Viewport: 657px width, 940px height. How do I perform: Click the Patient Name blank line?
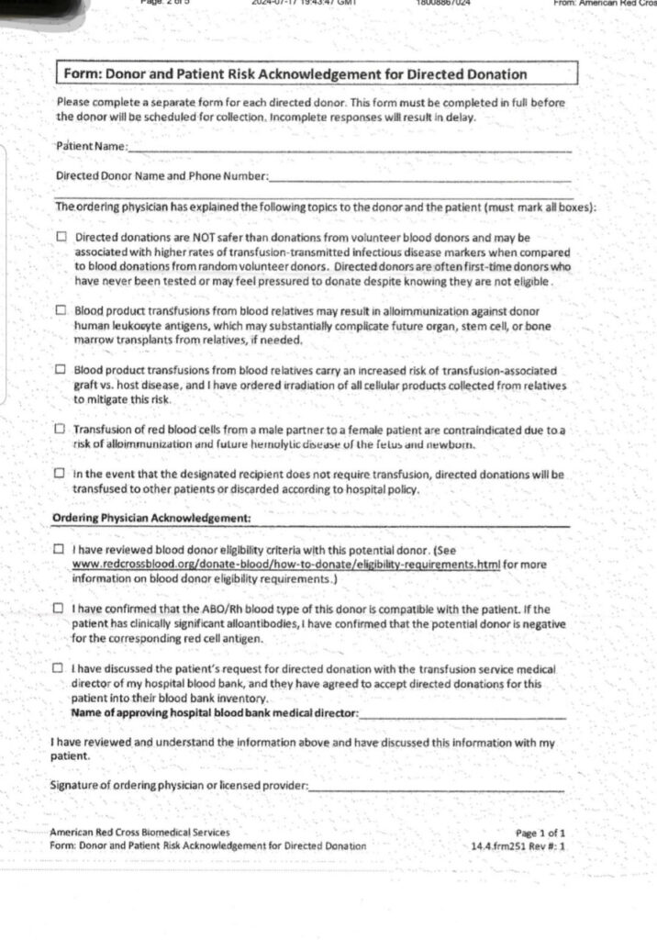[350, 149]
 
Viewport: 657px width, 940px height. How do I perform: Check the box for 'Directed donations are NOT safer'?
[61, 237]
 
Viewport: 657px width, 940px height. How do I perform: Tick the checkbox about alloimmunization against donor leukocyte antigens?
[61, 311]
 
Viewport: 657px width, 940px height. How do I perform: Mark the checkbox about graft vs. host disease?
[61, 370]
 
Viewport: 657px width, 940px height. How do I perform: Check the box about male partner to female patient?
[61, 429]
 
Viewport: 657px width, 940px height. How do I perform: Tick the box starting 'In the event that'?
[61, 475]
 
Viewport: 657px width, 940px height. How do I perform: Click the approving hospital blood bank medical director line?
[462, 713]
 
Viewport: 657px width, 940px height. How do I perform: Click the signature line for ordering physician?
[436, 787]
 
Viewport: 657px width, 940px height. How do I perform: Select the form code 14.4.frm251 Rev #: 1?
[518, 845]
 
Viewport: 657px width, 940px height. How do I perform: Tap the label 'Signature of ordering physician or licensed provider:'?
[179, 785]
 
